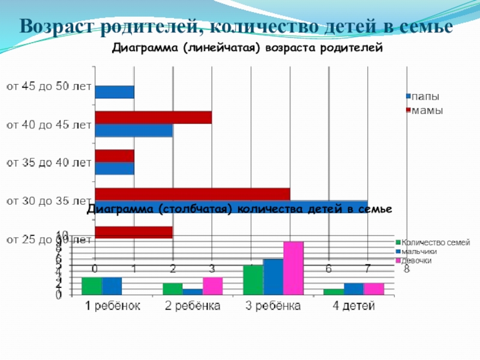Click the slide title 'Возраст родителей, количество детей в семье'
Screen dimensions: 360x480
(x=235, y=27)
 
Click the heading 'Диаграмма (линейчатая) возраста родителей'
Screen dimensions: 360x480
(x=247, y=48)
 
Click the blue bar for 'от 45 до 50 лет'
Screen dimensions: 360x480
(x=114, y=92)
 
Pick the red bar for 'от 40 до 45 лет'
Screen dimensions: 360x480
(x=153, y=118)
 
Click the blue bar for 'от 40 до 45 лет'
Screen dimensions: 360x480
(x=133, y=130)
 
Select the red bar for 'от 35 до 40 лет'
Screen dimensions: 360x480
(x=114, y=155)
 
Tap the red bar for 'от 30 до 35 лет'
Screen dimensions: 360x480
(x=192, y=194)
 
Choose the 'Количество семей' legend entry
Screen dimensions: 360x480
(x=435, y=242)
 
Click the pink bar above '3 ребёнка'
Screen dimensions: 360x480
(x=293, y=268)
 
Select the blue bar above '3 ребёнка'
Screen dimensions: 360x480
(x=273, y=277)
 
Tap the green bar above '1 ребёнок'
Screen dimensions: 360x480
(x=92, y=286)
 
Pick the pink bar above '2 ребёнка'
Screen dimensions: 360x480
(x=212, y=286)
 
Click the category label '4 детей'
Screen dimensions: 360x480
(x=353, y=307)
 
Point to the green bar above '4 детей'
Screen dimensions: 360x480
(x=334, y=292)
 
